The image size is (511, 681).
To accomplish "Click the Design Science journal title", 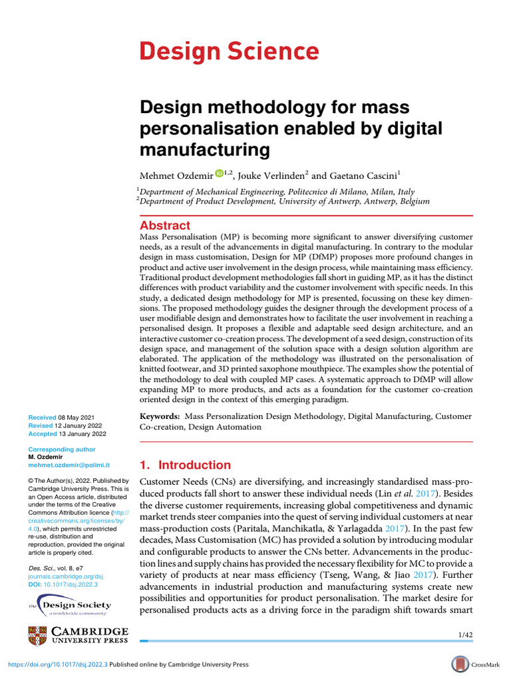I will click(228, 51).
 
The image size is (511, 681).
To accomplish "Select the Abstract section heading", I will click(165, 225).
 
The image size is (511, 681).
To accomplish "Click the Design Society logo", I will click(70, 607).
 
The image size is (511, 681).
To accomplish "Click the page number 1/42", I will click(466, 635).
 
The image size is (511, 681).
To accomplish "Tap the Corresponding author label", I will click(61, 450).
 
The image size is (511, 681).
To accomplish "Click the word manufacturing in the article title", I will click(204, 150).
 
